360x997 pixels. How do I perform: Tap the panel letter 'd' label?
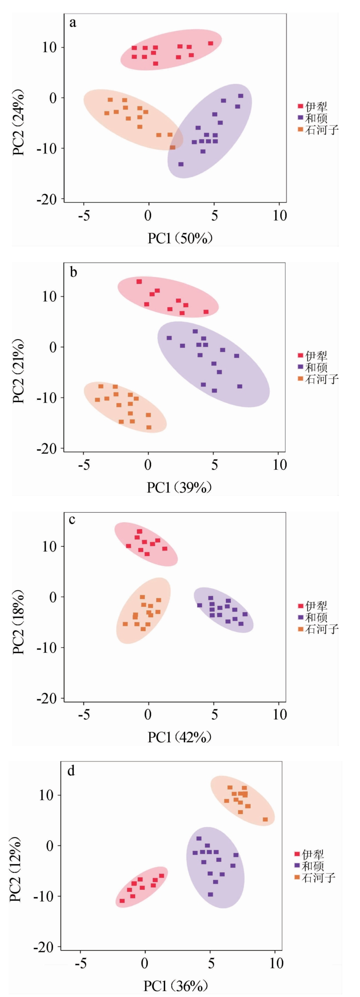[x=71, y=771]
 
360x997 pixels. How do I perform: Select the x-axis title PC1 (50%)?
[x=180, y=238]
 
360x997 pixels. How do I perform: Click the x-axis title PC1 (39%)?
[x=179, y=488]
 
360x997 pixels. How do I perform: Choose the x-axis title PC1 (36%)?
[x=176, y=986]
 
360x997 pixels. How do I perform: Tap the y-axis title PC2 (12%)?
[x=16, y=871]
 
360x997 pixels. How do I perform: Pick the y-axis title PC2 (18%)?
[x=19, y=622]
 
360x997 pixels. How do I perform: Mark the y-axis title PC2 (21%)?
[x=19, y=372]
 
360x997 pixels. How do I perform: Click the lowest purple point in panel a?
[x=181, y=164]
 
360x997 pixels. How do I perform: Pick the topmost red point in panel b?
[x=139, y=281]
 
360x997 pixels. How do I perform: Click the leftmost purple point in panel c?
[x=199, y=605]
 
